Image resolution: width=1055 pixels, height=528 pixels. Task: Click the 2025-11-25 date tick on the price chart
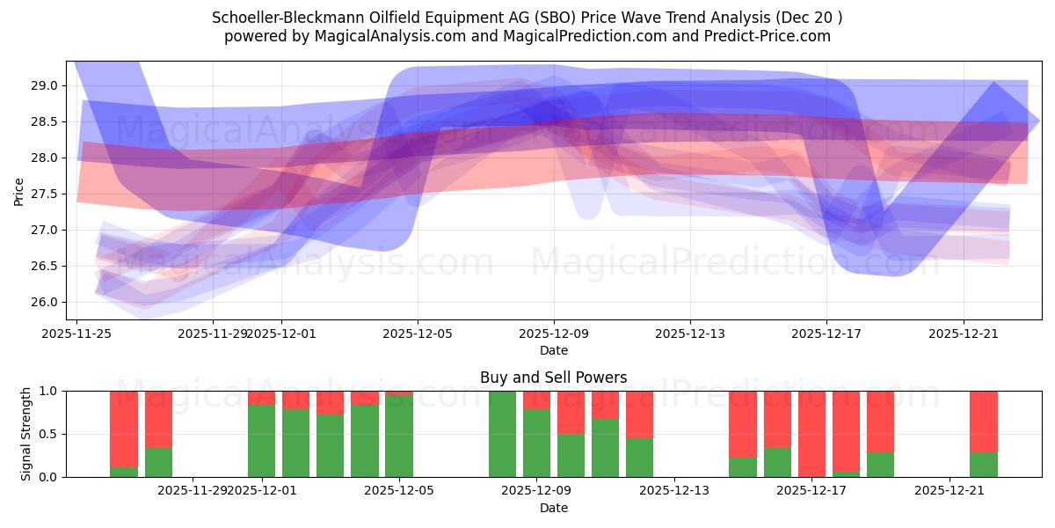76,333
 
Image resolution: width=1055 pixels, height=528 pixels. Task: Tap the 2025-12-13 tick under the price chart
690,333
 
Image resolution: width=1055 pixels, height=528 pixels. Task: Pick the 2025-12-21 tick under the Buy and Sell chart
949,490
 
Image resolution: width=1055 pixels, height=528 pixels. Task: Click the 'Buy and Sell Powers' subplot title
553,378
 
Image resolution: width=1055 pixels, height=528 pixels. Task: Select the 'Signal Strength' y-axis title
25,433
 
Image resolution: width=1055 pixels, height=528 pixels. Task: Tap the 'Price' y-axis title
19,190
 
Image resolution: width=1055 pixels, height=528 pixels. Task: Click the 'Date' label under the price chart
553,350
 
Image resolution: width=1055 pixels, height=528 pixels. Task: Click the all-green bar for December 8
502,434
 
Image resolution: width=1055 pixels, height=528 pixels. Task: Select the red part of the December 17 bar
811,431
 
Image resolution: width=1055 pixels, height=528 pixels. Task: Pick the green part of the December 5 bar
399,436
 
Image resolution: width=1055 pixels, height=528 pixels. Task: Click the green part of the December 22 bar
983,465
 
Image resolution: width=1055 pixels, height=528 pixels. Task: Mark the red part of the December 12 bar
639,414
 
